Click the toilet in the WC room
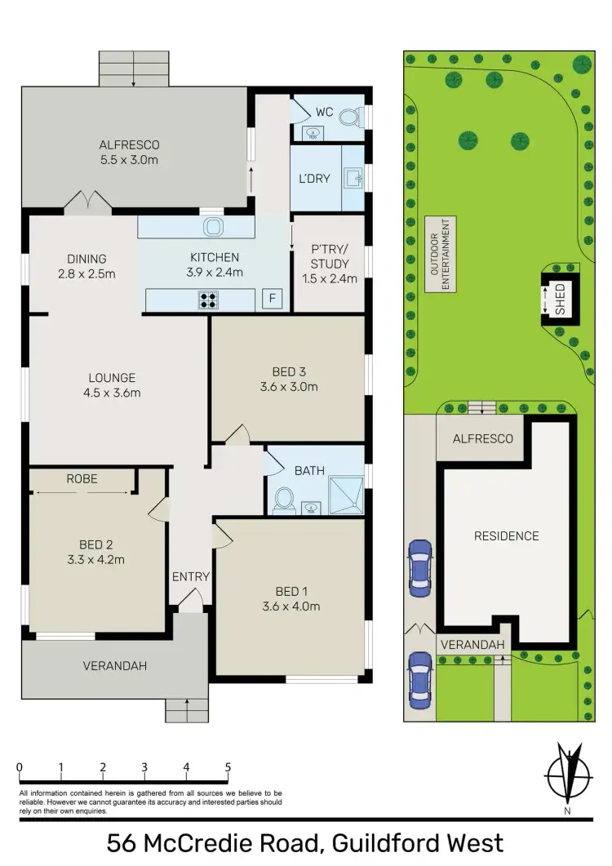pos(348,118)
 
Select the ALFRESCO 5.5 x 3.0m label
pos(135,152)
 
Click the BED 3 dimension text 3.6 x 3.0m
pos(289,387)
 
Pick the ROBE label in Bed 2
pos(82,479)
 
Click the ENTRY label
pos(190,576)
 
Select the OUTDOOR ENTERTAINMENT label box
pos(441,254)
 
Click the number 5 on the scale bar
pos(228,767)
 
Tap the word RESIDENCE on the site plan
pos(507,536)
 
